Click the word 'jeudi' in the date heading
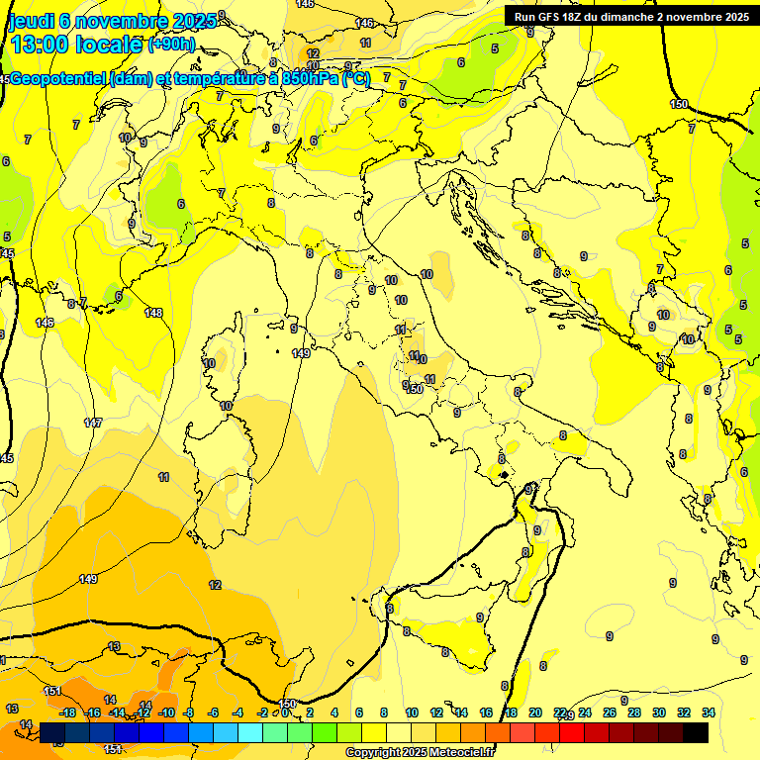click(31, 22)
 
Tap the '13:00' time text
click(43, 44)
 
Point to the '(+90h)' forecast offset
click(171, 45)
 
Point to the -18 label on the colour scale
click(68, 713)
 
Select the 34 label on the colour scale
click(709, 713)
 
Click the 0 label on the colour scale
click(284, 713)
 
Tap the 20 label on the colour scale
click(535, 713)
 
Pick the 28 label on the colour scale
click(634, 713)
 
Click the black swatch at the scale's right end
click(696, 732)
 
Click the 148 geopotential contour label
click(153, 313)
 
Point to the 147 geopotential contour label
click(93, 423)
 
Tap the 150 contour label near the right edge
click(679, 104)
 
